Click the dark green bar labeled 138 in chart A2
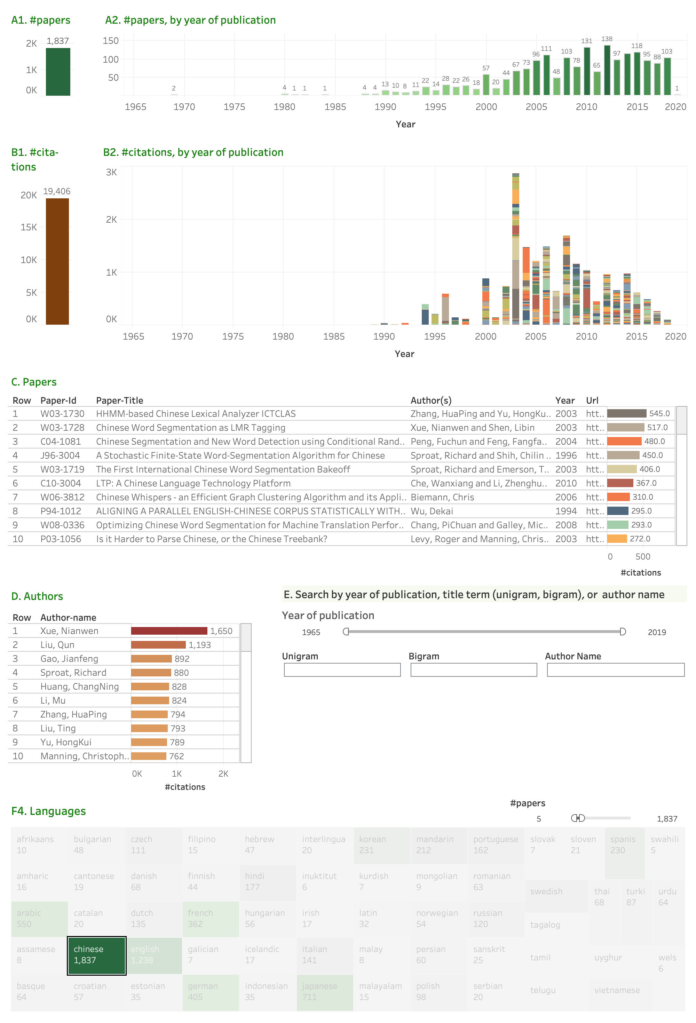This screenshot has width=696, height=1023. point(607,70)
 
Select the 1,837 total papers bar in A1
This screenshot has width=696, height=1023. point(58,72)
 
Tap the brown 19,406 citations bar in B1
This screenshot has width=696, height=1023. point(57,261)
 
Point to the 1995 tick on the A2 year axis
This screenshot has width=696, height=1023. point(435,107)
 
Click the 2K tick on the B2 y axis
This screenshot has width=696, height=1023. point(111,219)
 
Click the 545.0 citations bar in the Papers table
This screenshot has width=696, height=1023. point(626,414)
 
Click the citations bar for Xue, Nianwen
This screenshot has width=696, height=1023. point(169,631)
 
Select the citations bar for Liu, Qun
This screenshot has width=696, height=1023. point(158,645)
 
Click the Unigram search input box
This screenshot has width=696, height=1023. point(342,670)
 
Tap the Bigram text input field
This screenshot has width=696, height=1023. point(473,670)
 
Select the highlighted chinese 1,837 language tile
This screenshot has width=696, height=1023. point(96,955)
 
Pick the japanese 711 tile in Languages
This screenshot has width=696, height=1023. point(324,992)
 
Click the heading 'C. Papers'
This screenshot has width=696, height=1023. point(34,382)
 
